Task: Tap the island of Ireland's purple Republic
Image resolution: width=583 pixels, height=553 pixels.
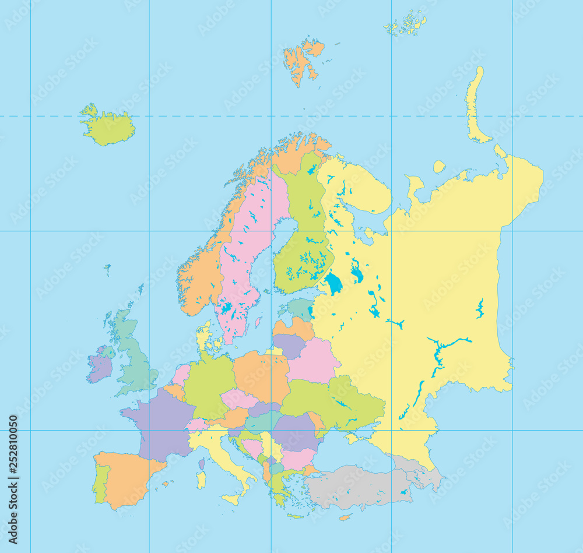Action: tap(99, 368)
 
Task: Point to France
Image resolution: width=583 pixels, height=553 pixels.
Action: tap(160, 422)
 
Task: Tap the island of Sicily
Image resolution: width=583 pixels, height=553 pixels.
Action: tap(231, 498)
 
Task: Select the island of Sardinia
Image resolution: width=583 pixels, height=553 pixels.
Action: tap(201, 480)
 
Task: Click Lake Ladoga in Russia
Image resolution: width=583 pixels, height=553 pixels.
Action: tap(334, 284)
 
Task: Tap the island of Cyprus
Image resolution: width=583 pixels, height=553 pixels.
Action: tap(345, 517)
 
